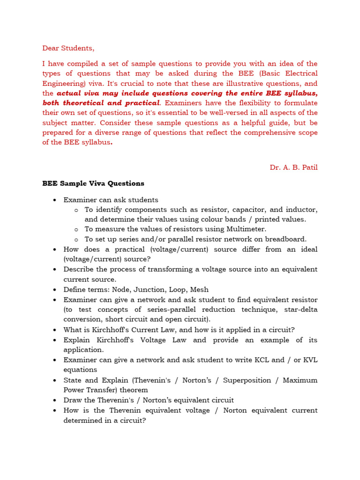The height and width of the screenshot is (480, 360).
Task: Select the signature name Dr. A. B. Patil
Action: click(x=293, y=167)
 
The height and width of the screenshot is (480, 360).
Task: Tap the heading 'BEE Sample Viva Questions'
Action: click(x=93, y=183)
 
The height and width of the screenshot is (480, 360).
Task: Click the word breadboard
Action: click(x=286, y=239)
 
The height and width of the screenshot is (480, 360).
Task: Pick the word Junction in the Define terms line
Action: click(x=151, y=290)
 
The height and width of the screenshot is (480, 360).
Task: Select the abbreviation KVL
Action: click(x=308, y=360)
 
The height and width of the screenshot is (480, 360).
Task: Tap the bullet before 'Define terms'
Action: click(x=54, y=290)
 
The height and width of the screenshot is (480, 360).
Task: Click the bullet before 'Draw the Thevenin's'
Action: click(x=54, y=400)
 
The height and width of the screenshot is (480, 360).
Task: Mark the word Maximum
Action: click(x=300, y=380)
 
